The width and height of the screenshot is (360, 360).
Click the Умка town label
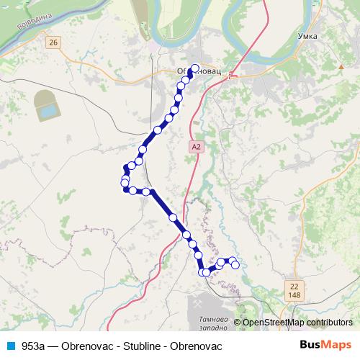click(308, 35)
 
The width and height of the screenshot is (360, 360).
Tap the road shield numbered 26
click(53, 44)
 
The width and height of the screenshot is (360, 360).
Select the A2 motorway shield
click(195, 146)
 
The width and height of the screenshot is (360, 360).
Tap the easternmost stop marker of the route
click(235, 265)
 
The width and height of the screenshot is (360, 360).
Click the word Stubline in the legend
click(140, 346)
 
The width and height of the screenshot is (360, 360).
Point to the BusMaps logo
click(326, 345)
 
